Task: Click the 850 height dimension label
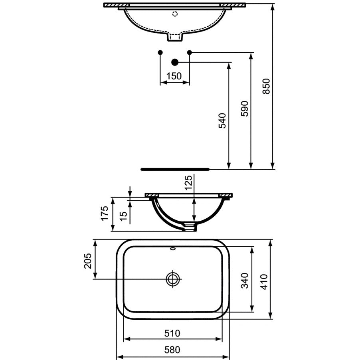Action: (266, 86)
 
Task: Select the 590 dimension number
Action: (245, 109)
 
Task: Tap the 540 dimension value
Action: (222, 121)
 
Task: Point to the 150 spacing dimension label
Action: (174, 76)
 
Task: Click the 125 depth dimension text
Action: (188, 183)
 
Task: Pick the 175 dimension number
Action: (105, 214)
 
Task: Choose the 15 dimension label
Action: (123, 216)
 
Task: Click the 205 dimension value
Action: (88, 261)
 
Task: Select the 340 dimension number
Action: (245, 281)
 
